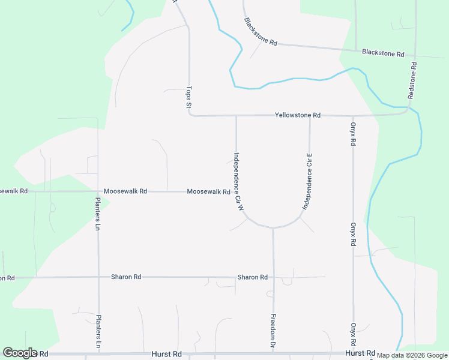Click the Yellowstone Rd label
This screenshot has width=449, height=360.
pos(298,115)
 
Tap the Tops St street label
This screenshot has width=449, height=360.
pos(188,97)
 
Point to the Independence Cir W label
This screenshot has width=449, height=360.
pos(238,181)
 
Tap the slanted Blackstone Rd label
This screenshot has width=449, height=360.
pos(261,32)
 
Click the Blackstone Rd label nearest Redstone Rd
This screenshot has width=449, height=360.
pos(383,53)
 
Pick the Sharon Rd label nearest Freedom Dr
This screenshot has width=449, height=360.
pos(252,277)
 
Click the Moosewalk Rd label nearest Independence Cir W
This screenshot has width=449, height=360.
pos(209,192)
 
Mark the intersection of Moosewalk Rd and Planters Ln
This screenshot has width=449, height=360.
pos(97,191)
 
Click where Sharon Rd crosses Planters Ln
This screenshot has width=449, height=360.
pos(98,277)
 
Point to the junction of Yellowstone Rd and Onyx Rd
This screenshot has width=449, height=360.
pos(353,115)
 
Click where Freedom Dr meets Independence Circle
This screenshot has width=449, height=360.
pos(273,228)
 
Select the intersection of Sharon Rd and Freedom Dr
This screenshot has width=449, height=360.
pos(274,277)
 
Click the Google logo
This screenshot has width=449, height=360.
pos(20,353)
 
